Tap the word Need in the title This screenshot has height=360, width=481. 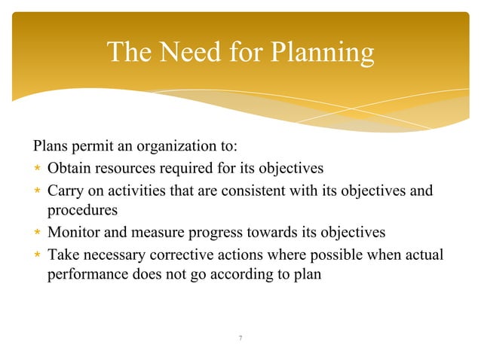(x=195, y=52)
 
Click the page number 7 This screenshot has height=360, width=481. (x=240, y=338)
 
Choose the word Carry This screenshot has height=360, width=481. (x=65, y=190)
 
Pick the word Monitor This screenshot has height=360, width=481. (x=74, y=231)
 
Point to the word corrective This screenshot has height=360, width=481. (x=170, y=253)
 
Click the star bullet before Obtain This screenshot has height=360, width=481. (x=36, y=168)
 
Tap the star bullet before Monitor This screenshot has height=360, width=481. (x=36, y=231)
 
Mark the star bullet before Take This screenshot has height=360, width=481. (x=36, y=253)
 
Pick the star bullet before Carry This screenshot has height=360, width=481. (x=36, y=190)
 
